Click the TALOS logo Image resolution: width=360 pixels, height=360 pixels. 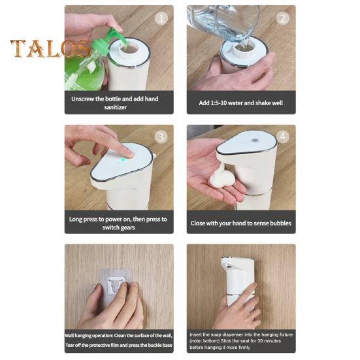[x=50, y=48]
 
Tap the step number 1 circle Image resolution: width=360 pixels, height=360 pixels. [x=161, y=18]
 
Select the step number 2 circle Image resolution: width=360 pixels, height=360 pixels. [x=283, y=18]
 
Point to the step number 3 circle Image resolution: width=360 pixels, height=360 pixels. [x=161, y=137]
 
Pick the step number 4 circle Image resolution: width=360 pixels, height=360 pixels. [x=283, y=137]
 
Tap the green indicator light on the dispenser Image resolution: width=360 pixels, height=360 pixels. [x=123, y=160]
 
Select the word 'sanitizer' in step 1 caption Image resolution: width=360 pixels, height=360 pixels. [x=115, y=107]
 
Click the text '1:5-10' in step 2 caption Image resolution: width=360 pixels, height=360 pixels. [x=219, y=103]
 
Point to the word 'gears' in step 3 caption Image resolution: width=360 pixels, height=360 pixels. [x=127, y=227]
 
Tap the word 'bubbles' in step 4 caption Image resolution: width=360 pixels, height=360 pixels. [x=280, y=223]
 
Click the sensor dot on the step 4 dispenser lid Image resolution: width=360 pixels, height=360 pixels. [x=255, y=140]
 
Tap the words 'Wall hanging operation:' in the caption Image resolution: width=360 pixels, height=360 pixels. [x=89, y=336]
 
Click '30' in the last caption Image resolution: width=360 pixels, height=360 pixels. [x=260, y=341]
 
